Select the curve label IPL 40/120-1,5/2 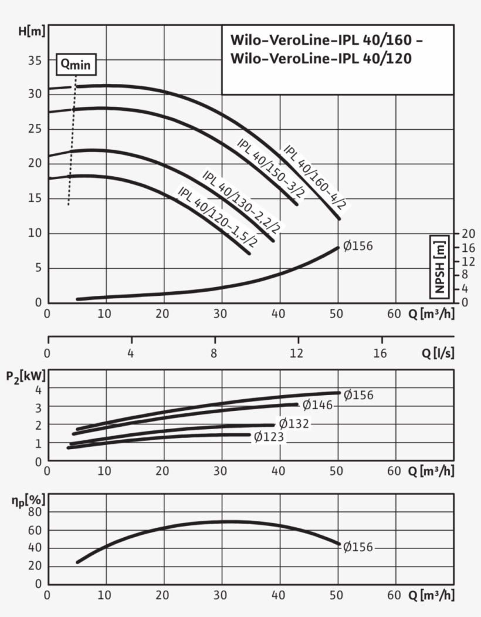(x=218, y=216)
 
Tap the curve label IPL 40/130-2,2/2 (x=241, y=201)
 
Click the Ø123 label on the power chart (x=269, y=436)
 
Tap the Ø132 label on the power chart (x=293, y=423)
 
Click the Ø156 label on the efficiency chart (x=358, y=547)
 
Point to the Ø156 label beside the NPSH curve (x=358, y=246)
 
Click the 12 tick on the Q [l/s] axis (x=298, y=353)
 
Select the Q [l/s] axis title (x=437, y=353)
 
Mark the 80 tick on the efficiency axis (x=35, y=512)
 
